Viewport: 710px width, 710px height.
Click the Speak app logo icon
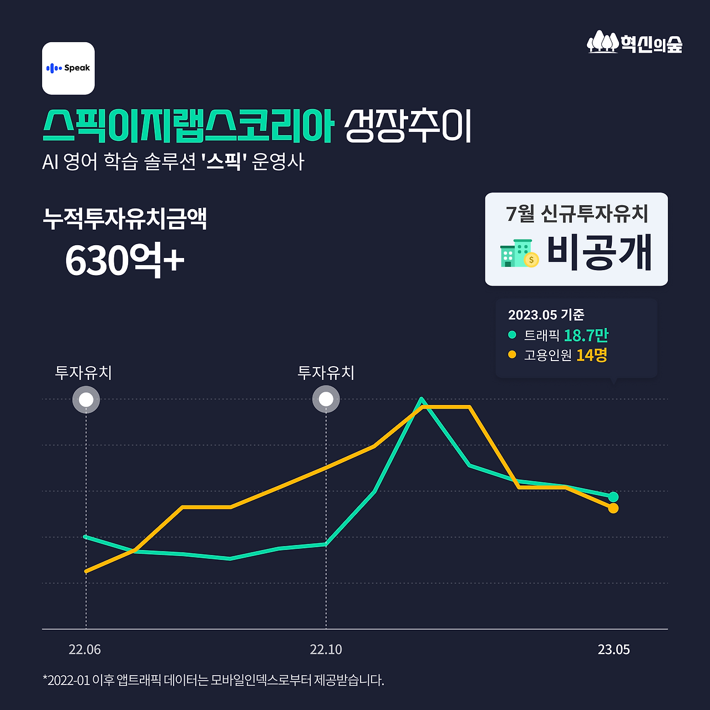tap(68, 68)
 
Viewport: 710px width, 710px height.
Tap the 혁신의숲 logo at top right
tap(635, 43)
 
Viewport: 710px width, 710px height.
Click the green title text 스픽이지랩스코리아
tap(188, 126)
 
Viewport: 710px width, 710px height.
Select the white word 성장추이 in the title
tap(408, 126)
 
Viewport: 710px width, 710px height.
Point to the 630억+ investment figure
tap(124, 260)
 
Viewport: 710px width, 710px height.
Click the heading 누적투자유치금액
tap(125, 219)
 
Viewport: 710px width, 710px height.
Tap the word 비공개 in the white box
tap(599, 253)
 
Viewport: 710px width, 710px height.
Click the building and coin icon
tap(519, 254)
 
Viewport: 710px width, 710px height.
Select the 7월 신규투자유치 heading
tap(577, 214)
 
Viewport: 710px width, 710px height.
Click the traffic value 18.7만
tap(586, 336)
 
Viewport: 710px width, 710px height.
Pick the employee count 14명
tap(591, 355)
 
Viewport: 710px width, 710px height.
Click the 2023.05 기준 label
tap(546, 315)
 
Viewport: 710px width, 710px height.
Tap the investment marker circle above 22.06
tap(86, 399)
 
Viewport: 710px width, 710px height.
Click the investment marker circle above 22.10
tap(326, 399)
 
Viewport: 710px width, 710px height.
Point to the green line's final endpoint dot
tap(613, 496)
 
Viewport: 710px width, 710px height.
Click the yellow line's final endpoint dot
tap(613, 508)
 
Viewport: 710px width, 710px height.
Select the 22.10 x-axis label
tap(326, 650)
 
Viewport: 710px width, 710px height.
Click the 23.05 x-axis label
tap(613, 650)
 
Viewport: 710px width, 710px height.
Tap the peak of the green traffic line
tap(422, 399)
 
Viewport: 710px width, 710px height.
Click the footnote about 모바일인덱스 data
tap(213, 680)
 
